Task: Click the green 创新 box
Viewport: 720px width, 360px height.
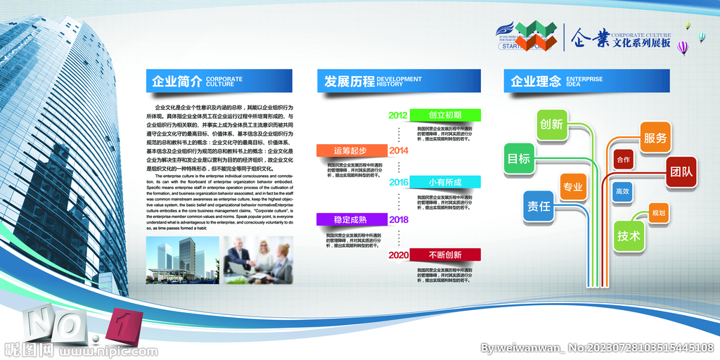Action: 552,124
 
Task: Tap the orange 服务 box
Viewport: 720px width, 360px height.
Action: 655,138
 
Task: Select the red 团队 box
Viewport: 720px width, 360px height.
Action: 681,172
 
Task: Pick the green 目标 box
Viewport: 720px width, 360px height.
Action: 519,159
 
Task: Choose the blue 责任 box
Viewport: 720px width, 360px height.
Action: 539,207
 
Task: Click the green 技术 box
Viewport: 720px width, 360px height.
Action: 629,236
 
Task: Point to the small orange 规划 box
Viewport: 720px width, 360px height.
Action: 659,212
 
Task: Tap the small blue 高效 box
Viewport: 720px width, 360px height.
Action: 622,191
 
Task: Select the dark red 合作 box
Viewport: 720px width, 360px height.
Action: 624,160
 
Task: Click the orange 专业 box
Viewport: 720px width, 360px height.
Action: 572,187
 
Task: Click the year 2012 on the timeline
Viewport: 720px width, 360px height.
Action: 398,115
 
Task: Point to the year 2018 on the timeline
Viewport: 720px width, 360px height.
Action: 399,219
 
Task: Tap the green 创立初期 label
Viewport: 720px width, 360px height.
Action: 445,115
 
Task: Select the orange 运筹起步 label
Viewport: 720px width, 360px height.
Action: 350,150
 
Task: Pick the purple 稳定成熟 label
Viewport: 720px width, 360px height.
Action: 350,219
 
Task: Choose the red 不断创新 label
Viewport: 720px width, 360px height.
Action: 445,255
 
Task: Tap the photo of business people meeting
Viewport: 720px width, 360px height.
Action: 258,259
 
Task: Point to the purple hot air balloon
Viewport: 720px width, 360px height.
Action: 683,47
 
